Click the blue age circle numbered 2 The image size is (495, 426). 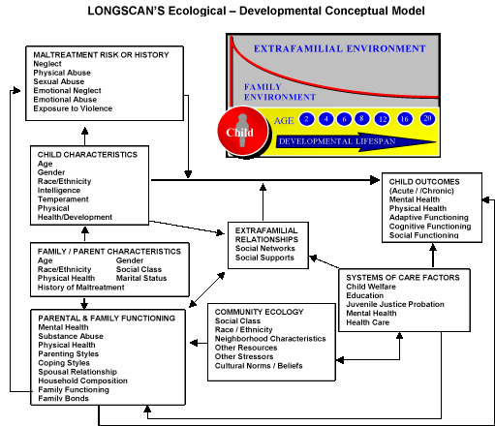[x=306, y=119]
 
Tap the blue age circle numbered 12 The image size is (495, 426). [x=383, y=119]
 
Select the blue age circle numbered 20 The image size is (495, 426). [x=427, y=119]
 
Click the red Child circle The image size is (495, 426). [x=243, y=132]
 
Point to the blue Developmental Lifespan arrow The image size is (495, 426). [x=356, y=141]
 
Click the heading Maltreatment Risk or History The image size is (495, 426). [x=101, y=55]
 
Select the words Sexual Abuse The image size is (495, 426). [x=59, y=81]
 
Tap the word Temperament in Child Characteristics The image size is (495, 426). [x=63, y=199]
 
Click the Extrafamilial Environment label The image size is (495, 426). [x=339, y=48]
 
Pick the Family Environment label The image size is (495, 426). [x=280, y=92]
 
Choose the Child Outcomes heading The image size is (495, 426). [x=424, y=182]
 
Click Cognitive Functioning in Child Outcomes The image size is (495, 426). [x=430, y=227]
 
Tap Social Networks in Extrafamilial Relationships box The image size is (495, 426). [x=265, y=248]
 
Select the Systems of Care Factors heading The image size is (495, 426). [x=403, y=278]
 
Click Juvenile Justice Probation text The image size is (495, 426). [x=395, y=304]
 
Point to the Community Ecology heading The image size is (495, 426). [x=259, y=312]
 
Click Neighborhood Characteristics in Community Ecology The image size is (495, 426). [x=270, y=339]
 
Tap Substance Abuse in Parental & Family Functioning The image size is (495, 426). [x=71, y=336]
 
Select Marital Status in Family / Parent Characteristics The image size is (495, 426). [x=141, y=278]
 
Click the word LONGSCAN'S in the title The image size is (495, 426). [x=125, y=11]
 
